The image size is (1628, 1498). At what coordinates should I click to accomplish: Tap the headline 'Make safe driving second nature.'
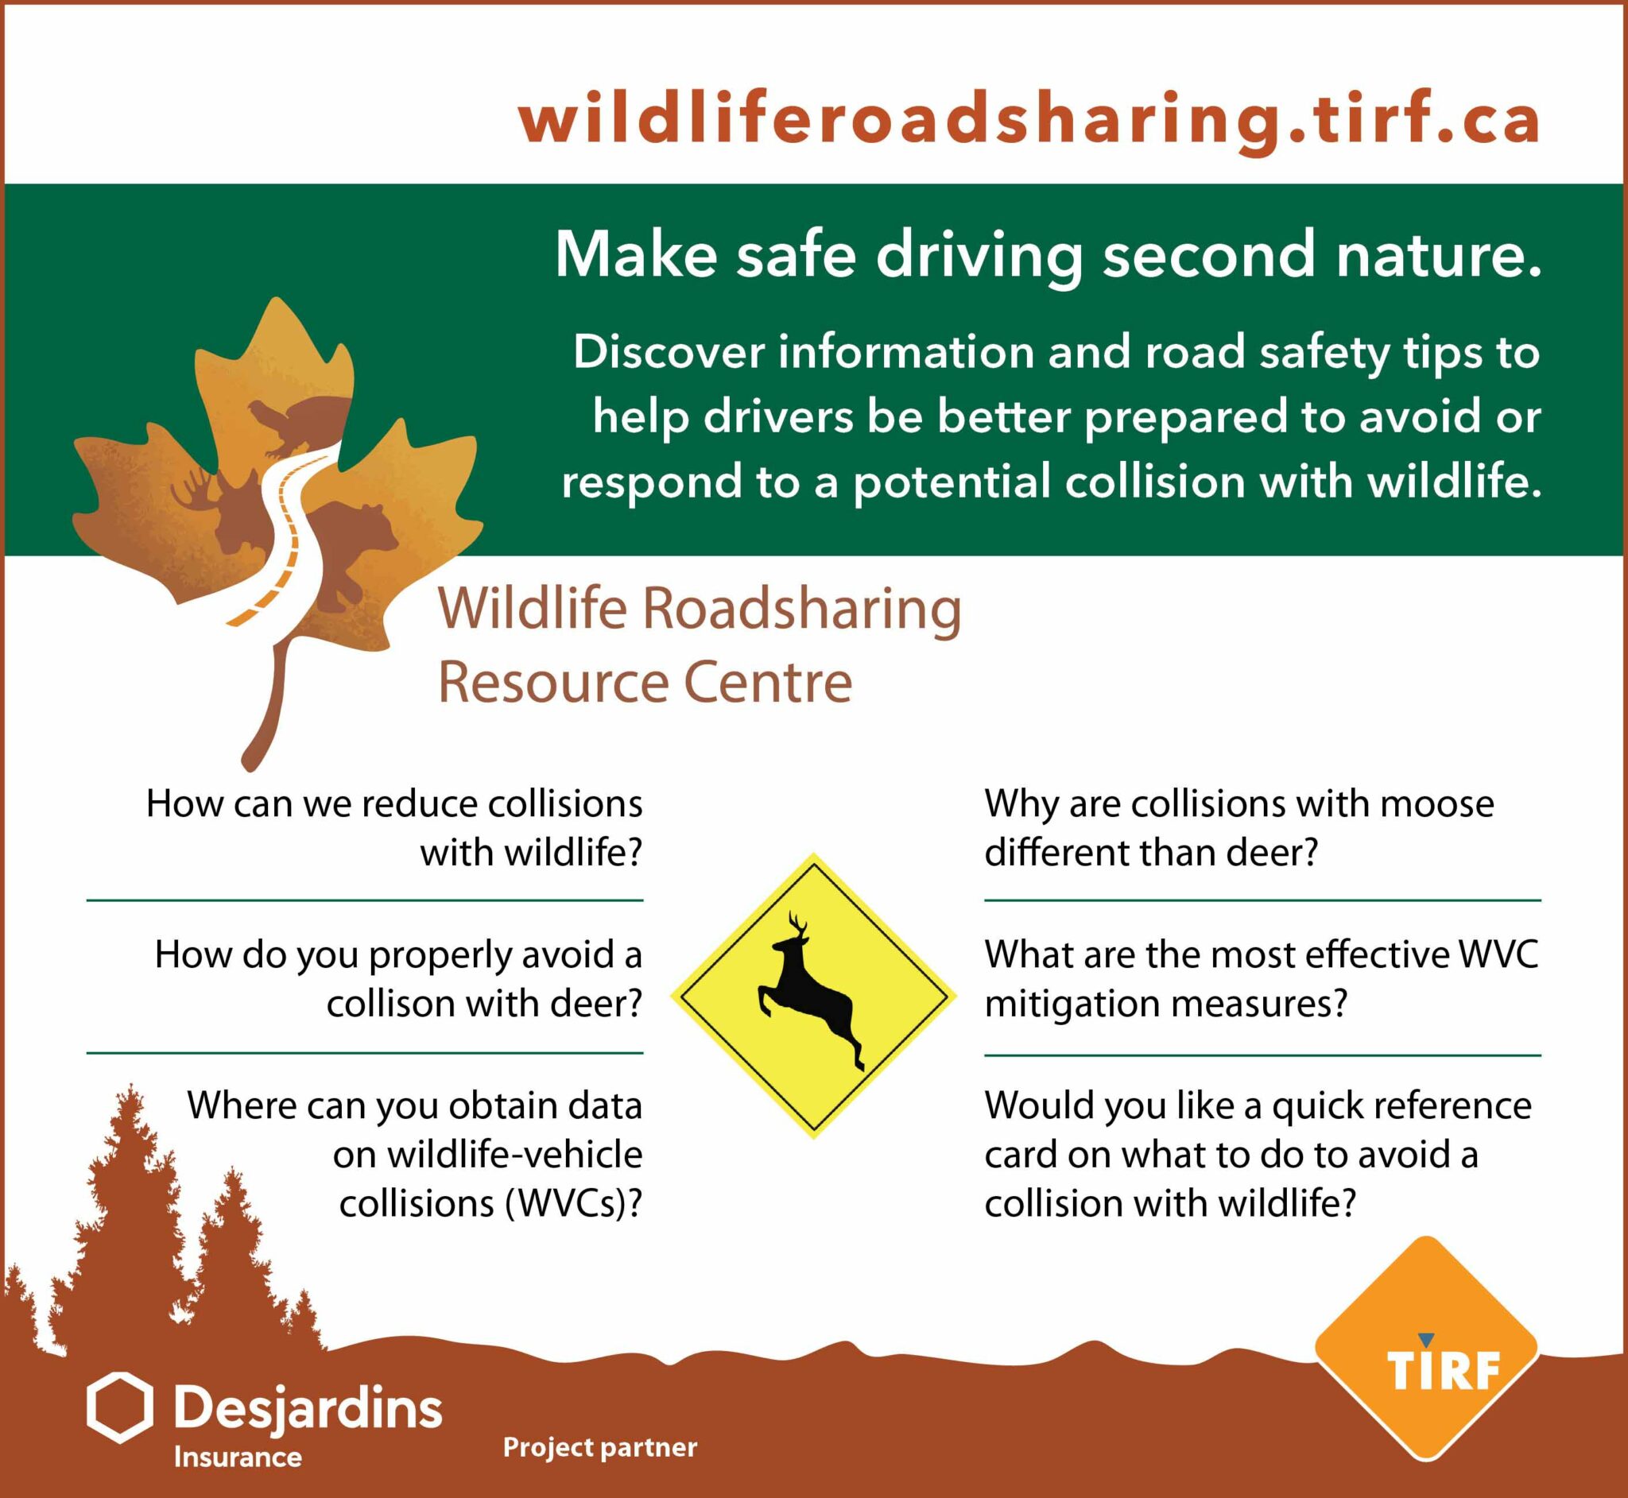tap(1048, 254)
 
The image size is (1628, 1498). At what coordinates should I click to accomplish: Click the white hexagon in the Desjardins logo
tap(119, 1408)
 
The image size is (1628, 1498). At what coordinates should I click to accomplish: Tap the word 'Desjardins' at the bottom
tap(308, 1409)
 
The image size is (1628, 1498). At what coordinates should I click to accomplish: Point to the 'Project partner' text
tap(600, 1447)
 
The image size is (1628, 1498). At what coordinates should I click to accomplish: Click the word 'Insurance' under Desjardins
tap(238, 1457)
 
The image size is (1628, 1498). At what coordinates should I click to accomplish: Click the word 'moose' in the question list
tap(1436, 804)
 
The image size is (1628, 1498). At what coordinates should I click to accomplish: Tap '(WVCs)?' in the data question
tap(572, 1203)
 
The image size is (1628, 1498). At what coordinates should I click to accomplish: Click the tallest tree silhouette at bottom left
tap(126, 1216)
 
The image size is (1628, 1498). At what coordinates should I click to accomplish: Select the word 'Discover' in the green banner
tap(669, 353)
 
